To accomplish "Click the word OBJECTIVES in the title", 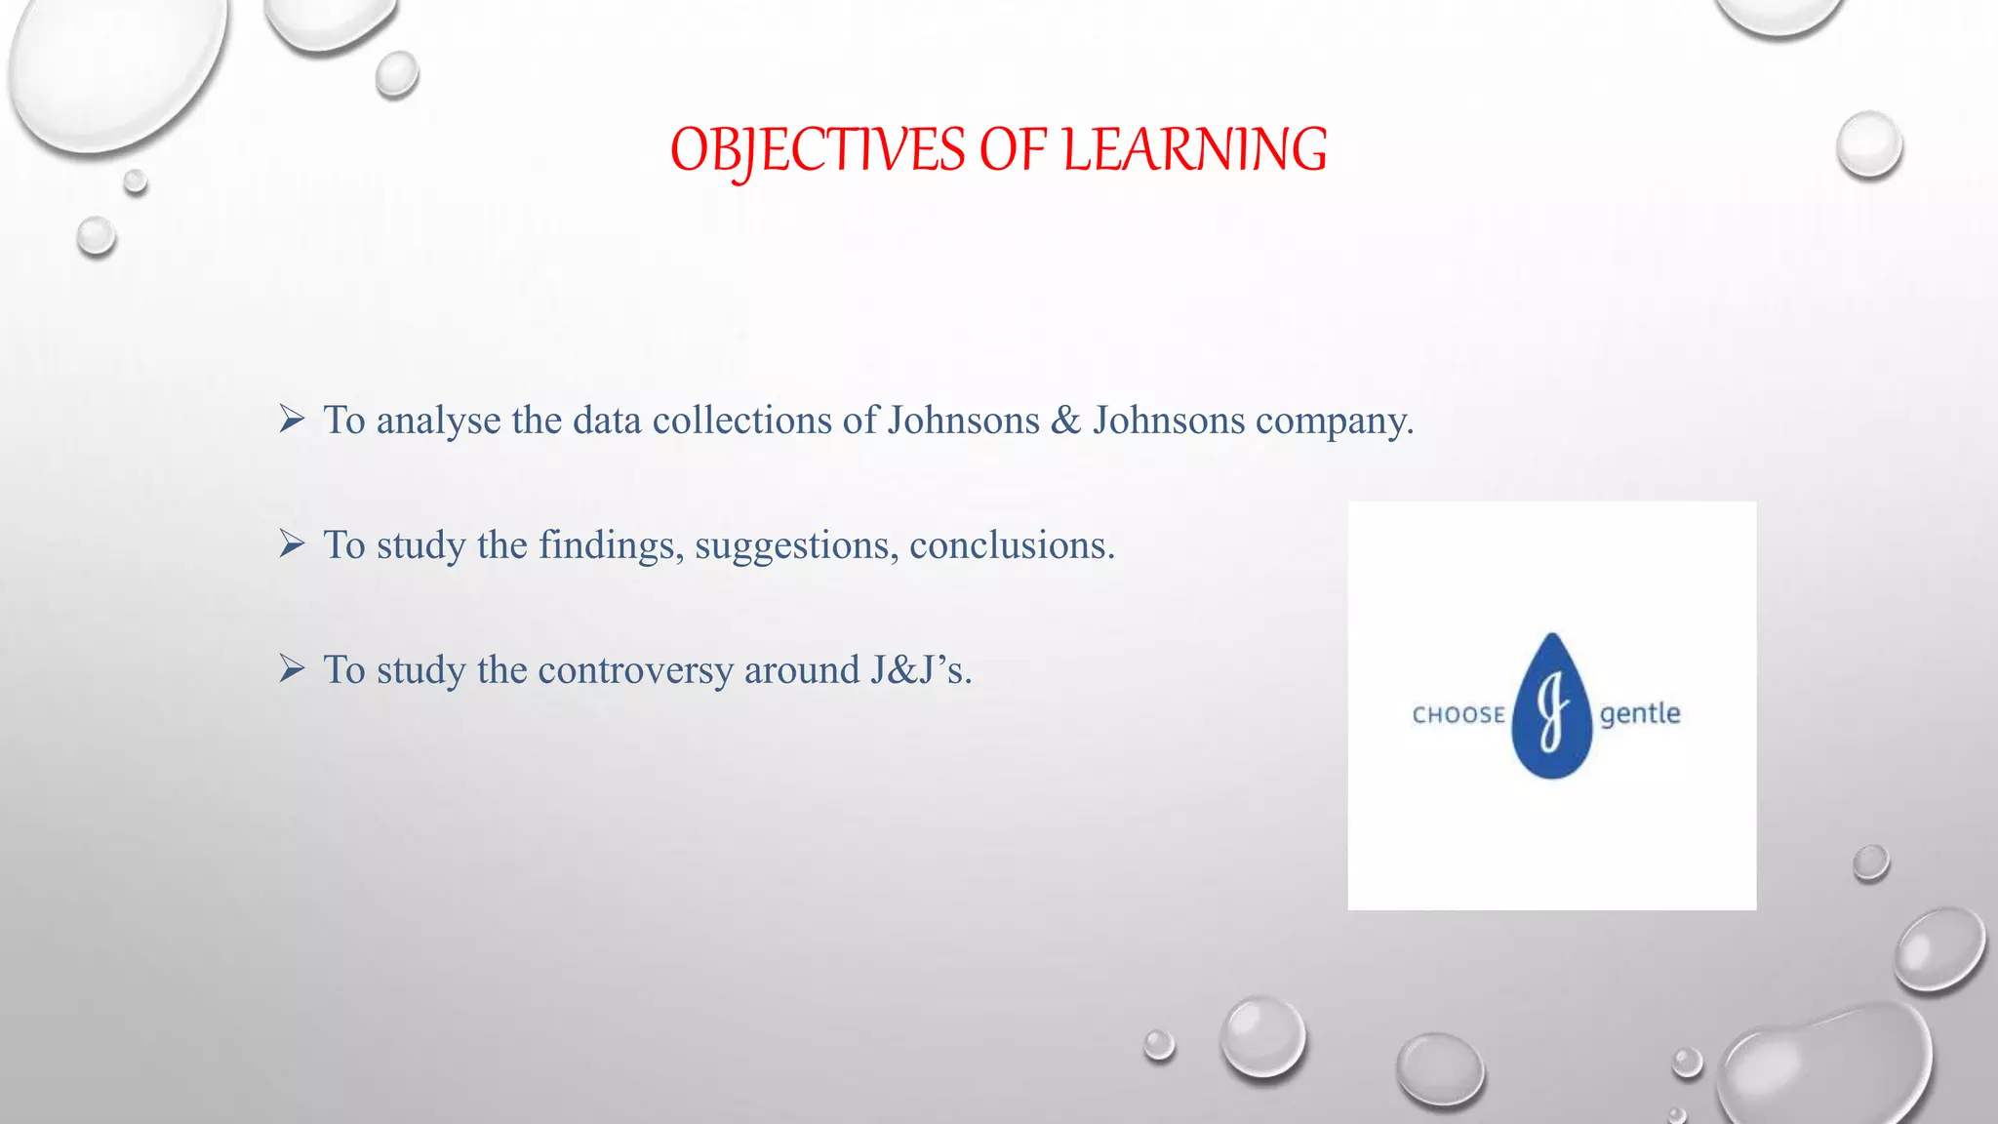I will pos(818,151).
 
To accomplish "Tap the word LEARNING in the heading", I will pos(1194,151).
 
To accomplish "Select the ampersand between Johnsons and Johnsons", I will pos(1065,421).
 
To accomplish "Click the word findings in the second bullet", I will pos(611,545).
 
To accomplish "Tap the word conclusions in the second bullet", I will pos(1011,545).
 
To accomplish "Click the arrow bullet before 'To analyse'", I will pos(292,419).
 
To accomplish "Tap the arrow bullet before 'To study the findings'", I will pos(292,543).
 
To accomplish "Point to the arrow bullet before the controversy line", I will pos(292,668).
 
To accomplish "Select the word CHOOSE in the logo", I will pos(1459,715).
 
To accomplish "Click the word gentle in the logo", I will pos(1640,714).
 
